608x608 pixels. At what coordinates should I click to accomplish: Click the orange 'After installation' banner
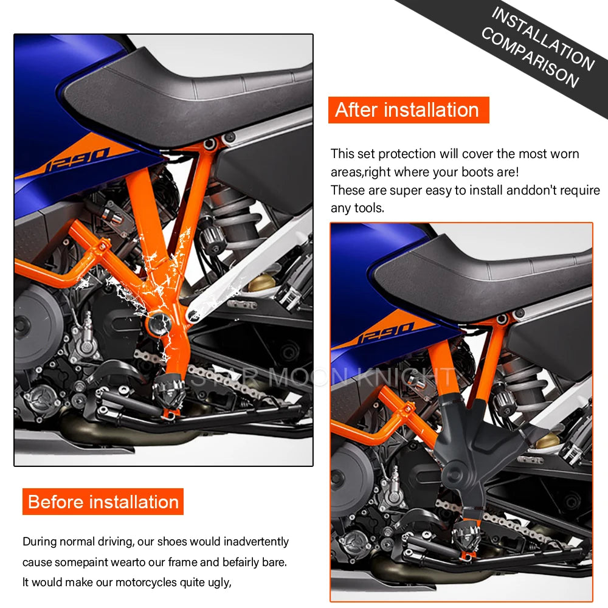click(407, 110)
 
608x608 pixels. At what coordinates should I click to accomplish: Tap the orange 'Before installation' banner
click(103, 502)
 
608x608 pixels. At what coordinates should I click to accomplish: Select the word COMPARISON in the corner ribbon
click(529, 57)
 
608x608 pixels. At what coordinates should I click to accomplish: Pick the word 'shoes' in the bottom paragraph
click(171, 541)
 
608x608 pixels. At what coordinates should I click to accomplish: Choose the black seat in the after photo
click(486, 274)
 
